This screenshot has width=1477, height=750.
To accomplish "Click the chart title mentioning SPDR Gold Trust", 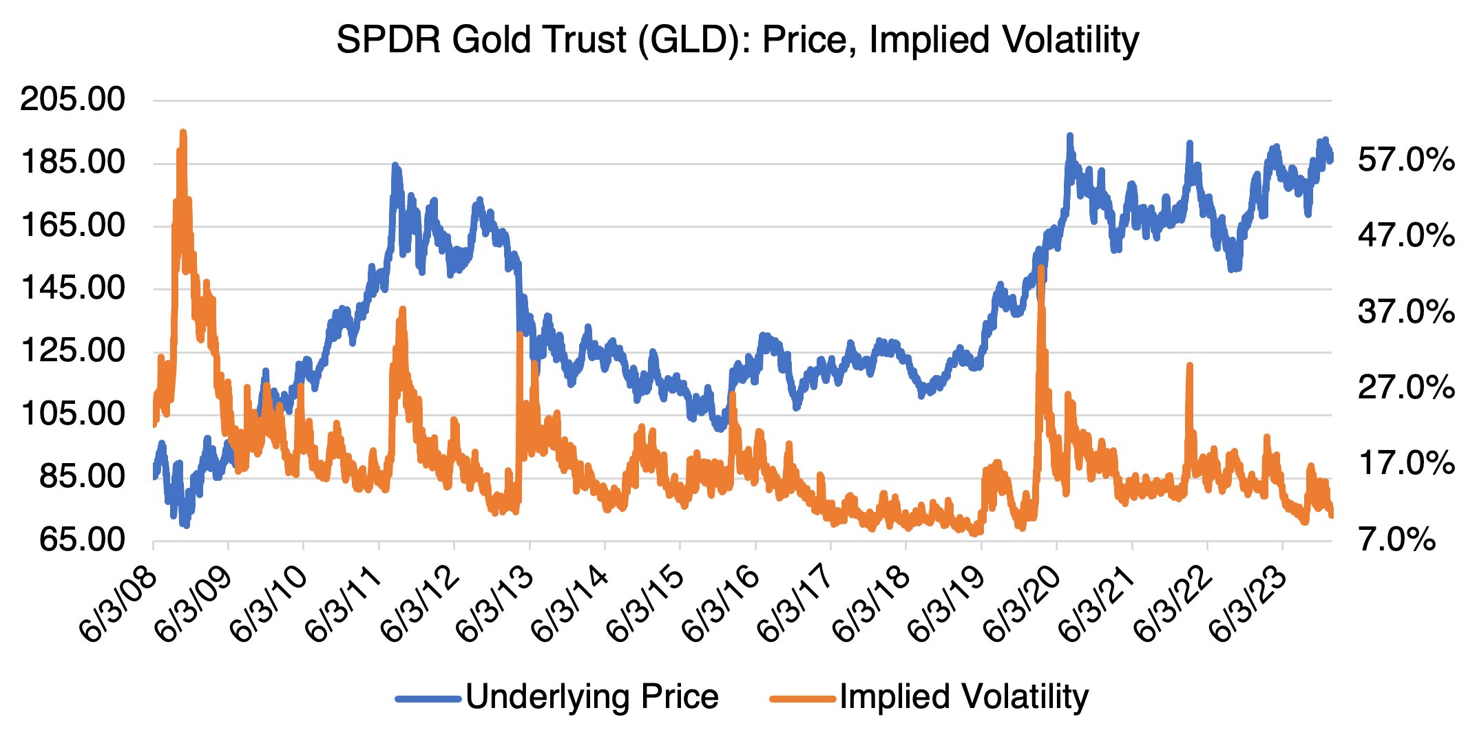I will click(x=737, y=40).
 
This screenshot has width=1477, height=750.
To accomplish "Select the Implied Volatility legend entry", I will click(x=963, y=696).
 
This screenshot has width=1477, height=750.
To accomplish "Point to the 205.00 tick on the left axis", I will click(x=73, y=100).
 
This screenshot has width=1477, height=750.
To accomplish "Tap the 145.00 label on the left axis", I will click(x=73, y=288).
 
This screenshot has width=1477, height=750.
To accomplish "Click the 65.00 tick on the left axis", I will click(x=81, y=539).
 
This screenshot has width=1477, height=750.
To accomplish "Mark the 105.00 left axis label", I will click(x=73, y=414).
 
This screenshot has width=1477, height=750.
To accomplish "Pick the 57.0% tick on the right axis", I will click(x=1405, y=160).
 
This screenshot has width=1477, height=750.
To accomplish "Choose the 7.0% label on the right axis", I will click(x=1397, y=539).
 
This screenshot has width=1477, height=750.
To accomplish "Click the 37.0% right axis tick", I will click(x=1405, y=312).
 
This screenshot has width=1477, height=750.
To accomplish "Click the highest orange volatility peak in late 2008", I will click(x=183, y=133).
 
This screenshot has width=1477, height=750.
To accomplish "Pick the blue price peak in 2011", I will click(x=395, y=166).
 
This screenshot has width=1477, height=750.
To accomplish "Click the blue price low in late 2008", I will click(x=185, y=524).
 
